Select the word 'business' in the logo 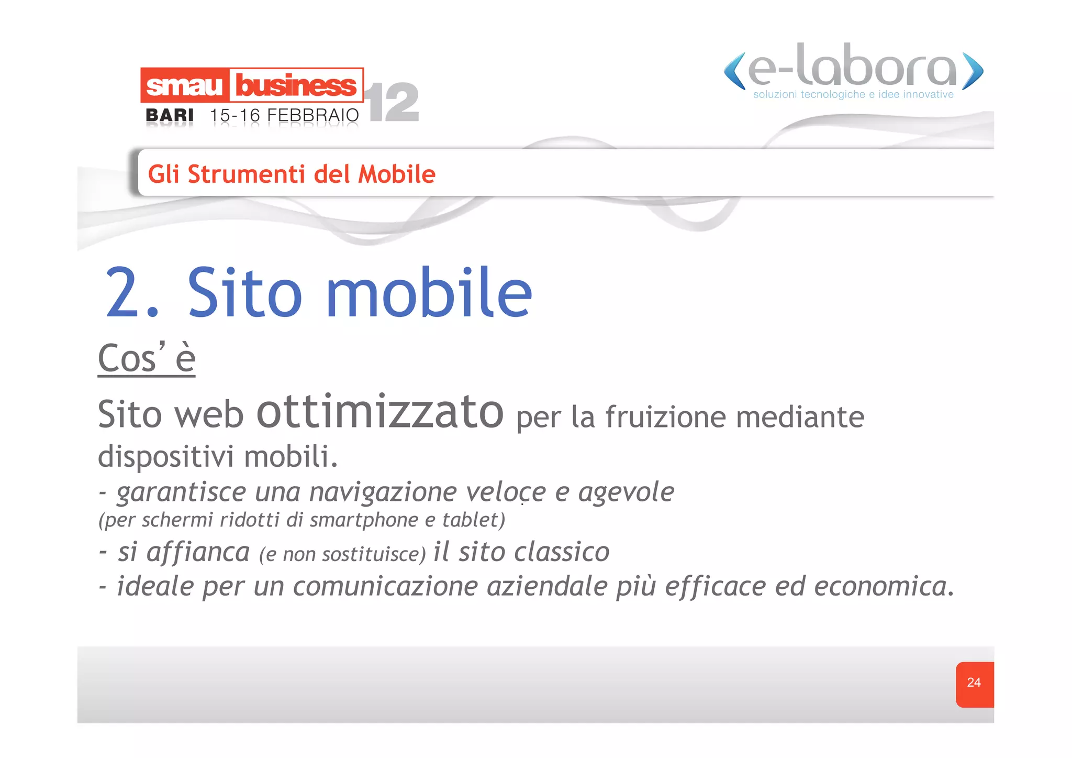tap(296, 85)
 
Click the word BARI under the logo tap(170, 115)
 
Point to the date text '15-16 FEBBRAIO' tap(284, 115)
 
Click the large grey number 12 tap(394, 103)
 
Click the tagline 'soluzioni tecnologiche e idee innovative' tap(853, 95)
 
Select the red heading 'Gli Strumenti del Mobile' tap(292, 174)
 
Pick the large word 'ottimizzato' tap(379, 413)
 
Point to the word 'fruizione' tap(665, 418)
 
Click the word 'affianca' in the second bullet tap(198, 552)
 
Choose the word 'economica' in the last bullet tap(883, 586)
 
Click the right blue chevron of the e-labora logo tap(973, 71)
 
